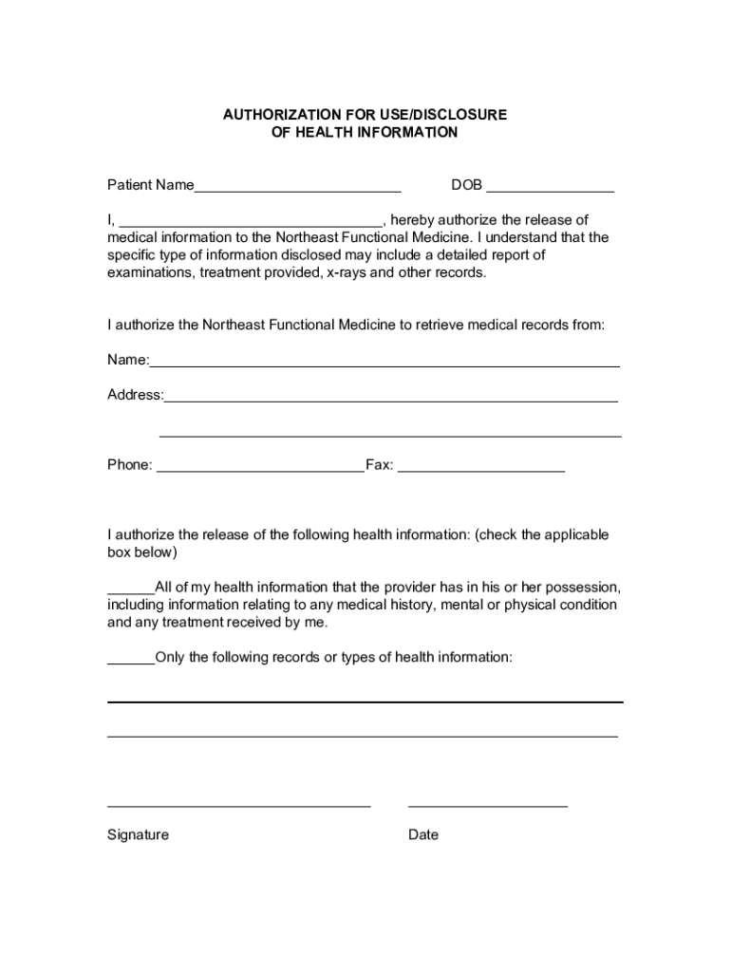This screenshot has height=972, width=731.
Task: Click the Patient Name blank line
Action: click(297, 189)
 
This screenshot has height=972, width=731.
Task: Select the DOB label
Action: click(466, 185)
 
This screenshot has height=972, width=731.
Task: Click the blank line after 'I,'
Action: click(250, 224)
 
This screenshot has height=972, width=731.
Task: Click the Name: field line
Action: click(384, 364)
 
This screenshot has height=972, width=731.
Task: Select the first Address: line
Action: click(391, 400)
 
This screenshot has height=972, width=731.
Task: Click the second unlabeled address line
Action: click(390, 436)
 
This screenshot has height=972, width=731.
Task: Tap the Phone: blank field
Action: click(259, 469)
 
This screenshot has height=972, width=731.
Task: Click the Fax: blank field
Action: click(481, 469)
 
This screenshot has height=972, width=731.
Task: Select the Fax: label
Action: click(380, 465)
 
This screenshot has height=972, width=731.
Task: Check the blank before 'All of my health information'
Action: click(130, 590)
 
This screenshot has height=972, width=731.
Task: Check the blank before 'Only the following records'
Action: click(130, 662)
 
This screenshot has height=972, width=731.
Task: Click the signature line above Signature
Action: click(238, 806)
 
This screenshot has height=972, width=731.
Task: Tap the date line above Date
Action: click(488, 806)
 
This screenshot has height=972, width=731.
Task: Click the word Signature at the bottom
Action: click(138, 835)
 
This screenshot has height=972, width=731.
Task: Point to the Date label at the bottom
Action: click(423, 835)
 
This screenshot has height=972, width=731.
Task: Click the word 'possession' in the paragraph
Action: click(586, 587)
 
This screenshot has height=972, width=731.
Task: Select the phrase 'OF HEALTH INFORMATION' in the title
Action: click(365, 133)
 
